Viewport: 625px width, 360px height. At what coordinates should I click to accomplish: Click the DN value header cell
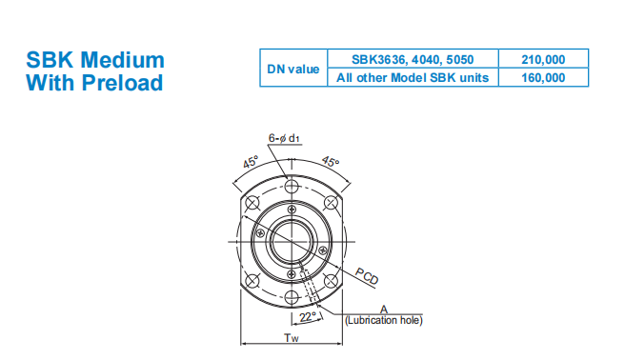pos(293,69)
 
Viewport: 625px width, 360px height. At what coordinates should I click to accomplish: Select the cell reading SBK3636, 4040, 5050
pos(413,59)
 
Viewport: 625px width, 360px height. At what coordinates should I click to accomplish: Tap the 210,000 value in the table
pos(543,59)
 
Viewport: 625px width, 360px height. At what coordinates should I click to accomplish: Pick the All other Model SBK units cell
pos(413,77)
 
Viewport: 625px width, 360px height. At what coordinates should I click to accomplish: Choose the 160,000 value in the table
pos(543,77)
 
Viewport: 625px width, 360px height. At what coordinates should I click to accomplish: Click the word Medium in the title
pos(122,60)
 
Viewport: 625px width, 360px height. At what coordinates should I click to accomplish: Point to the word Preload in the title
pos(122,83)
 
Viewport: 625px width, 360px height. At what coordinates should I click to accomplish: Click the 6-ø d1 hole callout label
pos(284,138)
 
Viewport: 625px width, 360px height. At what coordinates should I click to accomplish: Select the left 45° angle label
pos(251,162)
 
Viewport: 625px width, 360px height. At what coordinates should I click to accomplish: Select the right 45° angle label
pos(331,161)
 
